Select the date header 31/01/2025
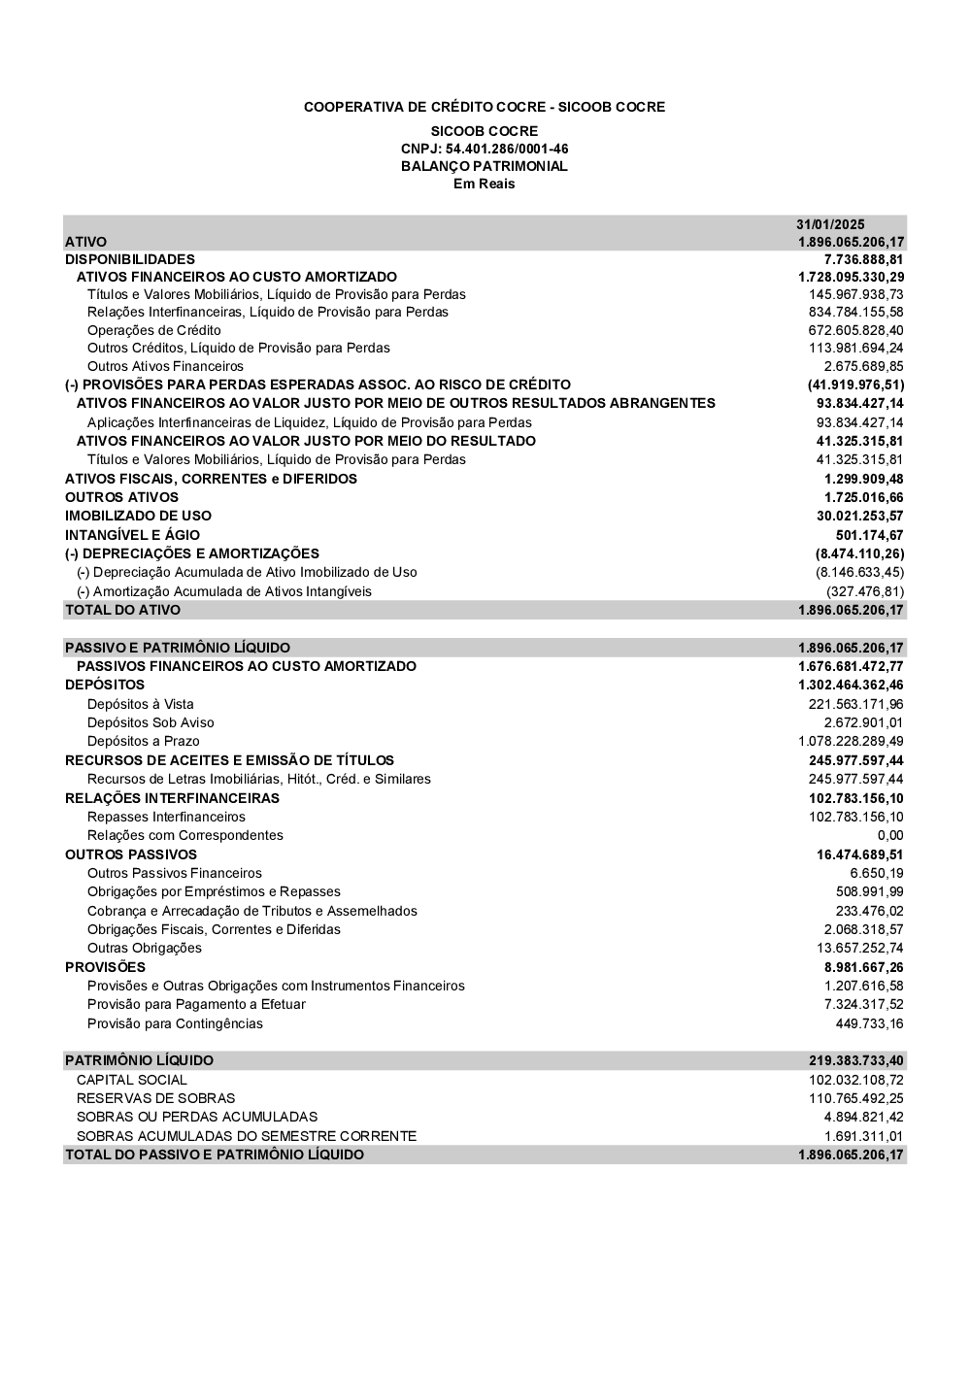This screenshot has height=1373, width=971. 830,223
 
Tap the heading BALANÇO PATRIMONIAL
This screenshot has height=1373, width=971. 485,166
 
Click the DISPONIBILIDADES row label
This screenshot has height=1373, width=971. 130,259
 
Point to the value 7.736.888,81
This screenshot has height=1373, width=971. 863,259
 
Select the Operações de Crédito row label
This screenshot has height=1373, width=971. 154,330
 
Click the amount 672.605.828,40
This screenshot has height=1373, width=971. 856,330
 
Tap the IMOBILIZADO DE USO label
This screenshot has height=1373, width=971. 138,516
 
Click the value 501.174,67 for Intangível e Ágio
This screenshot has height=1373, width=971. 869,535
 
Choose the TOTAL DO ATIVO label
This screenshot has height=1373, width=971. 122,610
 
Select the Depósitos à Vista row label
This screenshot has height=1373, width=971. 141,704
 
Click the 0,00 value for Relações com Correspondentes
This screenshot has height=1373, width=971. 890,835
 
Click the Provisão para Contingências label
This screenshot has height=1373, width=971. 175,1023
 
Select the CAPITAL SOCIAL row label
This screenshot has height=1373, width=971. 132,1080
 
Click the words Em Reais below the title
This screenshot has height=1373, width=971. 485,184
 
